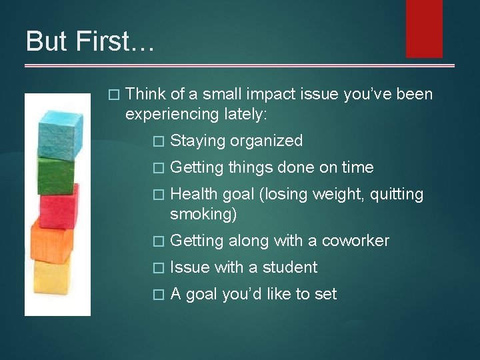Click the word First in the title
coord(115,41)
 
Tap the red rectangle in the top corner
coord(424,28)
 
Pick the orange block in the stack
coord(51,244)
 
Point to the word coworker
coord(355,241)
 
